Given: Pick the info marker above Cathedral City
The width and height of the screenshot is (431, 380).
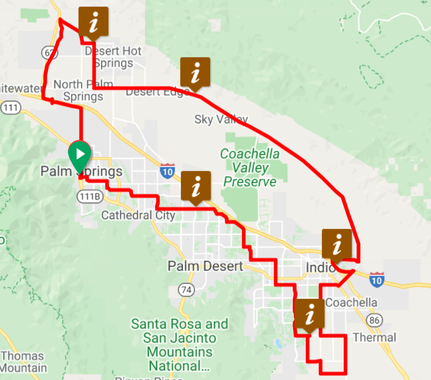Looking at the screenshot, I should [x=196, y=186].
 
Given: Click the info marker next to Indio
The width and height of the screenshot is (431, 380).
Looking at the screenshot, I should [x=337, y=244].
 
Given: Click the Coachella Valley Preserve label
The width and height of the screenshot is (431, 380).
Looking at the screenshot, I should [x=249, y=168].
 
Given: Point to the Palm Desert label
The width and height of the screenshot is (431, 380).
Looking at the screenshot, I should [x=202, y=266].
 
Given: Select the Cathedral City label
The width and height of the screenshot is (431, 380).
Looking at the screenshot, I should [x=138, y=215].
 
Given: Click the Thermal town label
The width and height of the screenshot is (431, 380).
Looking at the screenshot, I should [x=375, y=337].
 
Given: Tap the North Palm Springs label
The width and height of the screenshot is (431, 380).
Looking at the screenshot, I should [x=78, y=90].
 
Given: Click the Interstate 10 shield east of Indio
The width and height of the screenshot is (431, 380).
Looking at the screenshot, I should [x=377, y=280].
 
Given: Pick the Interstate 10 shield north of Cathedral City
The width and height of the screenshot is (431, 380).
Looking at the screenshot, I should [x=166, y=172].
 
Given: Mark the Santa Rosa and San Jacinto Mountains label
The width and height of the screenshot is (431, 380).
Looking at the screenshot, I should [x=180, y=345].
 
